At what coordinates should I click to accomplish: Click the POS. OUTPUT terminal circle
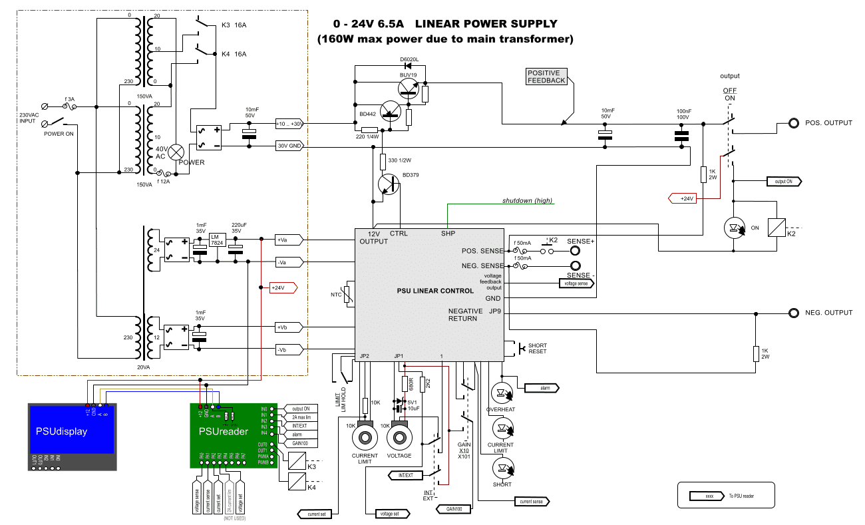(x=793, y=124)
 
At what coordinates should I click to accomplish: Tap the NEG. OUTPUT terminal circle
(x=793, y=313)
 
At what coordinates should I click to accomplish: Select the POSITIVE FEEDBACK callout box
(x=546, y=77)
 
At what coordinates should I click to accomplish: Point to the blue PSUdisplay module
(x=73, y=436)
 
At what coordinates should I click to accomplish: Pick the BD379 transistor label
(x=411, y=176)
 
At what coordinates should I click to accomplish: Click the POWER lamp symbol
(x=176, y=152)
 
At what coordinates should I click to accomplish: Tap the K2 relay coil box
(x=777, y=228)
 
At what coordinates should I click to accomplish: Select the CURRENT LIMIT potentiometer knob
(x=365, y=437)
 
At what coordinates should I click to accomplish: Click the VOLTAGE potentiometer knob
(x=400, y=437)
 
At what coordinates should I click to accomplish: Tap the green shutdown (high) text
(x=527, y=201)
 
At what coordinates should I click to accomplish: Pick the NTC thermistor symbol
(x=347, y=294)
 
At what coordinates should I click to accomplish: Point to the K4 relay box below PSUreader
(x=297, y=482)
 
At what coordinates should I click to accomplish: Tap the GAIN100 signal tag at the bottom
(x=454, y=509)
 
